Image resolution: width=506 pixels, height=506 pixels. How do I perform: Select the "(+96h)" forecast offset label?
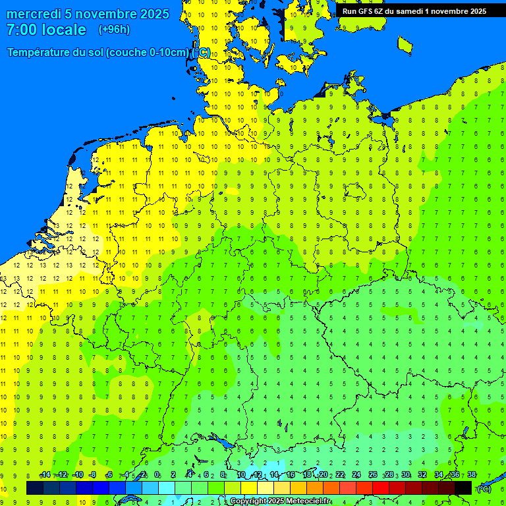click(x=115, y=29)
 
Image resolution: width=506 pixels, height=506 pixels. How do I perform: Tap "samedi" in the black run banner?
click(x=410, y=11)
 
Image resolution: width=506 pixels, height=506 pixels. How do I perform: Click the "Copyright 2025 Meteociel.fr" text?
click(x=280, y=501)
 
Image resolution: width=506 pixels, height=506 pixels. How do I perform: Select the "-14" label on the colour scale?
click(x=45, y=475)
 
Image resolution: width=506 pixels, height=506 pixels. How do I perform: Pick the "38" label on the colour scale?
click(x=472, y=475)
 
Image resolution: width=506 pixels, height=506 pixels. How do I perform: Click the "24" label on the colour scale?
click(x=356, y=475)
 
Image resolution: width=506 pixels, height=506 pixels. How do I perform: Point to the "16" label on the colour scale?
click(x=291, y=475)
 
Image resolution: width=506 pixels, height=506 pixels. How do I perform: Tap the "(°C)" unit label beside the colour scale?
click(x=484, y=488)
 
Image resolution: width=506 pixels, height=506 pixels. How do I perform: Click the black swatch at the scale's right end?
click(x=463, y=488)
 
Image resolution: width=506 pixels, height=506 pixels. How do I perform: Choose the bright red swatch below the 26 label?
click(x=381, y=488)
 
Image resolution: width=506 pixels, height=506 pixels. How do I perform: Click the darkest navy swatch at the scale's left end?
click(x=35, y=488)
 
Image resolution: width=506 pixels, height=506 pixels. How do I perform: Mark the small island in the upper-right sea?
click(x=405, y=44)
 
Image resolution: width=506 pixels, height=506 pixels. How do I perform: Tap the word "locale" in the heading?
click(x=64, y=30)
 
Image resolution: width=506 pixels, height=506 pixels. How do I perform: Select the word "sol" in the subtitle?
click(x=96, y=53)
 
